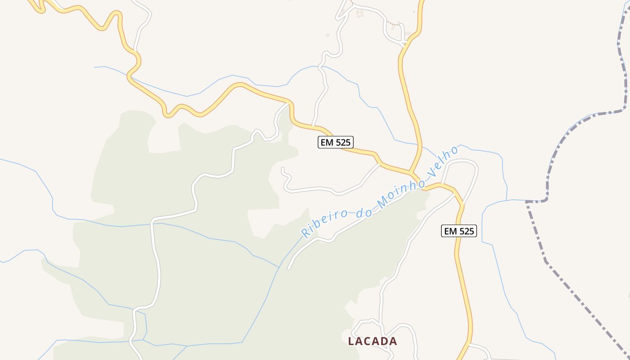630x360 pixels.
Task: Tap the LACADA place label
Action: pyautogui.click(x=373, y=341)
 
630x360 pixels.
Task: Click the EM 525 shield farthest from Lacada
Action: pyautogui.click(x=335, y=143)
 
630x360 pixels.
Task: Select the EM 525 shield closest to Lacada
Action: pyautogui.click(x=459, y=231)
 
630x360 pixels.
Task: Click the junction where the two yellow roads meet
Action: pyautogui.click(x=411, y=172)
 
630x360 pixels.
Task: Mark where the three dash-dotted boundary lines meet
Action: pyautogui.click(x=527, y=202)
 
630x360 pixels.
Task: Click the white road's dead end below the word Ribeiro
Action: pyautogui.click(x=288, y=269)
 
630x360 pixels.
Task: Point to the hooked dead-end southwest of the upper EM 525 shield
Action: pyautogui.click(x=283, y=169)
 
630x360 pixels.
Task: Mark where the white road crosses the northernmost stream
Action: pyautogui.click(x=321, y=68)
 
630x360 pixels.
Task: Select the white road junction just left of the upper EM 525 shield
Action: pyautogui.click(x=314, y=126)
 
